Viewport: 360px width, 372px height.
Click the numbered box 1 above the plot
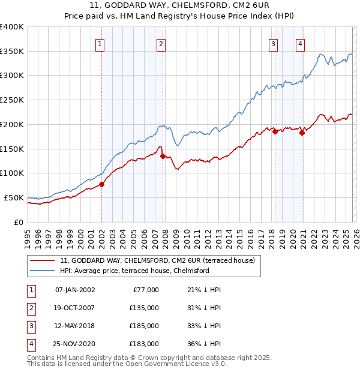click(x=100, y=43)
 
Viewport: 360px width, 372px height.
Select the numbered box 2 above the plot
click(x=161, y=43)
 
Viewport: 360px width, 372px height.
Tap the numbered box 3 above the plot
click(x=273, y=43)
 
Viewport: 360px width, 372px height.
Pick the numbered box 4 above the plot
click(x=299, y=43)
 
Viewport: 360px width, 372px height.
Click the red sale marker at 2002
click(x=101, y=185)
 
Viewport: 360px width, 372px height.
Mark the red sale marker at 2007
click(x=163, y=156)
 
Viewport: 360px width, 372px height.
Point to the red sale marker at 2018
click(x=275, y=132)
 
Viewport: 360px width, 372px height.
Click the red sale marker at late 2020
click(x=302, y=133)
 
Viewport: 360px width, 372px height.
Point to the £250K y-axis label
click(x=12, y=100)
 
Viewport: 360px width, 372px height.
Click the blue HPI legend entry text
click(x=134, y=271)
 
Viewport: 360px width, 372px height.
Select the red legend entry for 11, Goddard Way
click(x=157, y=260)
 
